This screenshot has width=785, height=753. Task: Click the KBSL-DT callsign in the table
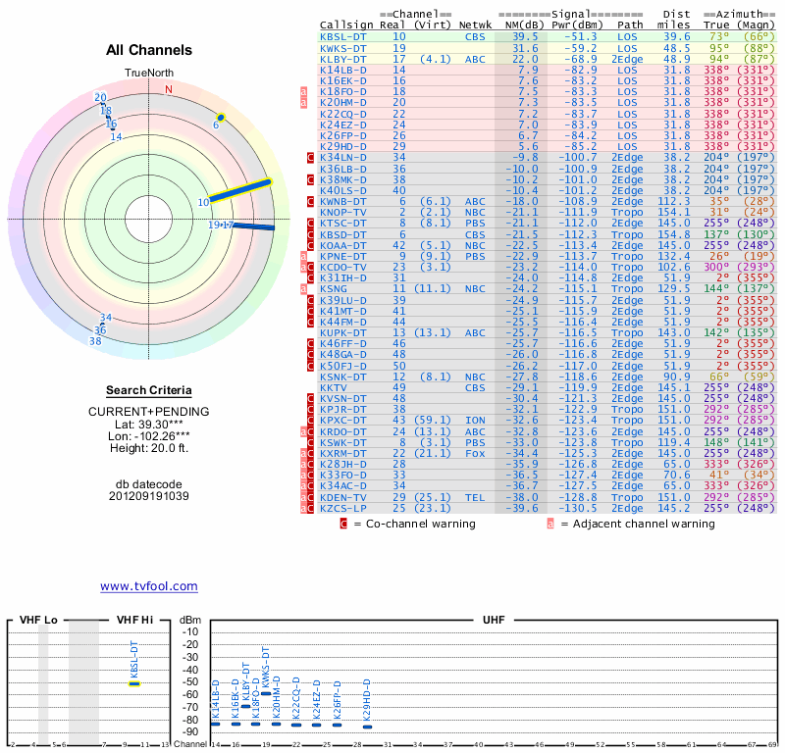pos(342,36)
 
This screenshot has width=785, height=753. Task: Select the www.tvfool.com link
pos(149,586)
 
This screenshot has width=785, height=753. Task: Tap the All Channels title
pos(149,50)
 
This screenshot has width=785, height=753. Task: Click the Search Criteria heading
pos(149,390)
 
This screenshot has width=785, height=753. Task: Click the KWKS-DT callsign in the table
pos(342,47)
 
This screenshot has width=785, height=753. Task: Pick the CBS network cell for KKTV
pos(475,387)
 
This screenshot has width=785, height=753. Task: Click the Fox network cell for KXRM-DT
pos(475,453)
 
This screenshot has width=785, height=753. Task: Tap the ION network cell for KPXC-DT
pos(475,420)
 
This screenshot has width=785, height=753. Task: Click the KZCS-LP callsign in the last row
pos(342,508)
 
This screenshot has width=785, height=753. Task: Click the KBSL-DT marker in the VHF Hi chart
pos(134,683)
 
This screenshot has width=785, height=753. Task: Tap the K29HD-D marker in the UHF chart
pos(367,724)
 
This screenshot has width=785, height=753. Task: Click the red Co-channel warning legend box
pos(343,524)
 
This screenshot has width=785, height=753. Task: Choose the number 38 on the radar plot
pos(95,341)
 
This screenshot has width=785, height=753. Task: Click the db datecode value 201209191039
pos(149,496)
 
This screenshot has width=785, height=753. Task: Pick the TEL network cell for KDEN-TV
pos(475,497)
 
